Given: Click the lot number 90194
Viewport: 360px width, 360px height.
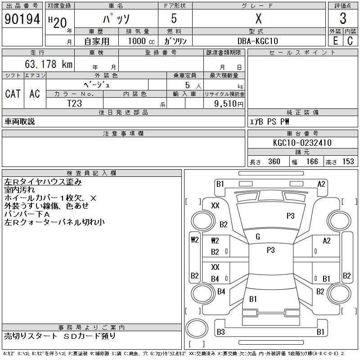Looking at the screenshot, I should (x=22, y=19).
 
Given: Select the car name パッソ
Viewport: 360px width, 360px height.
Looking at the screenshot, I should (x=116, y=19).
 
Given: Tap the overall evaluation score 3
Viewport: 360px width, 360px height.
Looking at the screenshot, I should (x=343, y=19).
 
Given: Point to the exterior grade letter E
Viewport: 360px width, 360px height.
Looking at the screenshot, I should (x=335, y=40).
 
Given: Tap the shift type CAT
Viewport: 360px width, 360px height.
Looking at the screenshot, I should (x=13, y=94).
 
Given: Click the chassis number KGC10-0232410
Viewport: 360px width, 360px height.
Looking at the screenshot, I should (x=302, y=143).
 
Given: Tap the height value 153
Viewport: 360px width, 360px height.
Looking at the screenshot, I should (x=348, y=162).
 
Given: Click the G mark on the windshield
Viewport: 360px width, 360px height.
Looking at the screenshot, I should (x=258, y=237).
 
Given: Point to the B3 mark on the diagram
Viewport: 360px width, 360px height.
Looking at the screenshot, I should (x=220, y=332).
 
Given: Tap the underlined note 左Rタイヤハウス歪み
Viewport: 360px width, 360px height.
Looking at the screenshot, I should (x=43, y=182).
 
